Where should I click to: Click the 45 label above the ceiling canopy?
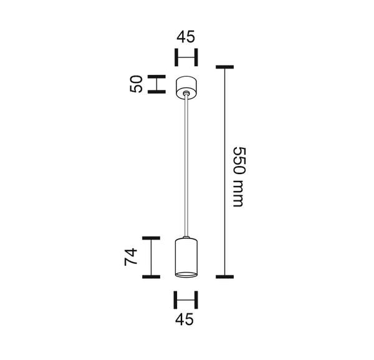click(185, 37)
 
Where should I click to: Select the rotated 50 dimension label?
click(137, 84)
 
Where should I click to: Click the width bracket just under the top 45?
click(185, 57)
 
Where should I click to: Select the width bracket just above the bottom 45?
click(185, 299)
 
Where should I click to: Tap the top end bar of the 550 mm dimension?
click(224, 66)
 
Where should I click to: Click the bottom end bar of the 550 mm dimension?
click(224, 276)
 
